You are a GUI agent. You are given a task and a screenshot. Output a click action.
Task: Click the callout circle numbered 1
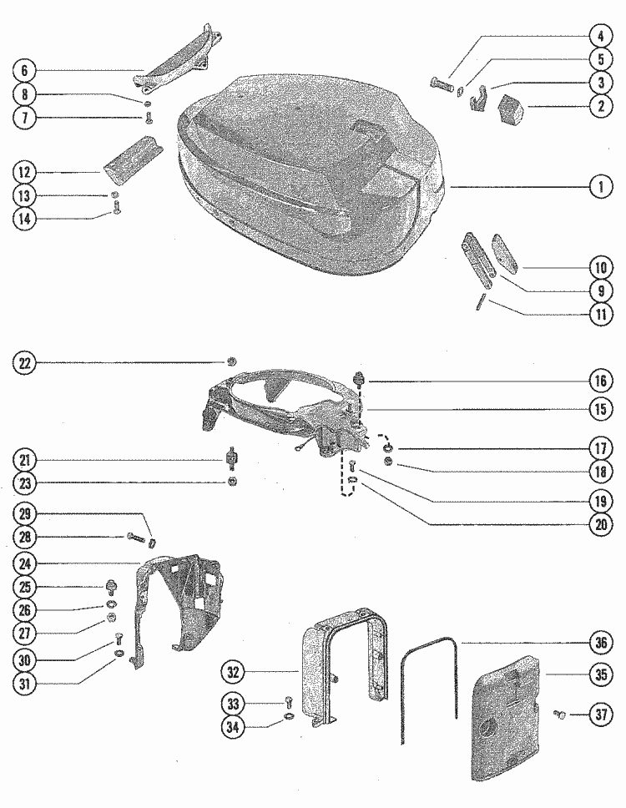tap(599, 188)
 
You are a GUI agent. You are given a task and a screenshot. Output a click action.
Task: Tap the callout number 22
tap(25, 362)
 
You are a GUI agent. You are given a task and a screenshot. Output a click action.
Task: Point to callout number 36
tap(599, 643)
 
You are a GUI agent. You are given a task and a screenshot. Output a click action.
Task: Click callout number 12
tap(25, 173)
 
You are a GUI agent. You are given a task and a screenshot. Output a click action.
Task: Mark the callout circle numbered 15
tap(599, 409)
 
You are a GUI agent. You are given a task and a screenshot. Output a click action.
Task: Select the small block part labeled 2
tap(512, 109)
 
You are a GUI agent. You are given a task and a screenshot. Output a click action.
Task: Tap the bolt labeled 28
tap(134, 537)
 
